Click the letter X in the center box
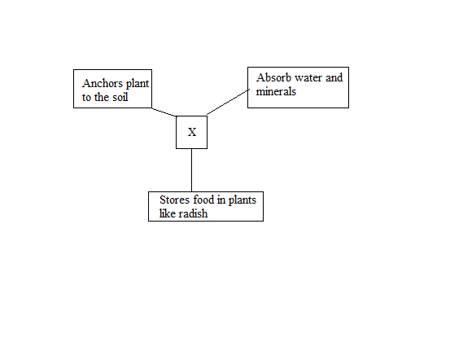(x=192, y=132)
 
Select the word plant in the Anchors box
(x=138, y=84)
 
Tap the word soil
(x=120, y=97)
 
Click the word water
(x=308, y=78)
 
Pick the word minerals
(x=276, y=91)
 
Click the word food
(x=203, y=200)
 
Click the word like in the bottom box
(x=168, y=213)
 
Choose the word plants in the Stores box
(x=242, y=200)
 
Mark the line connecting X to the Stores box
(x=192, y=170)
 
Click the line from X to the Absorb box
(x=228, y=102)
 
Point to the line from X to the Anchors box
(x=164, y=112)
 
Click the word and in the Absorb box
(x=334, y=77)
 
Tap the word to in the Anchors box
(x=87, y=98)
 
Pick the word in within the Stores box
(x=221, y=200)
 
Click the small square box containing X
(x=177, y=132)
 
